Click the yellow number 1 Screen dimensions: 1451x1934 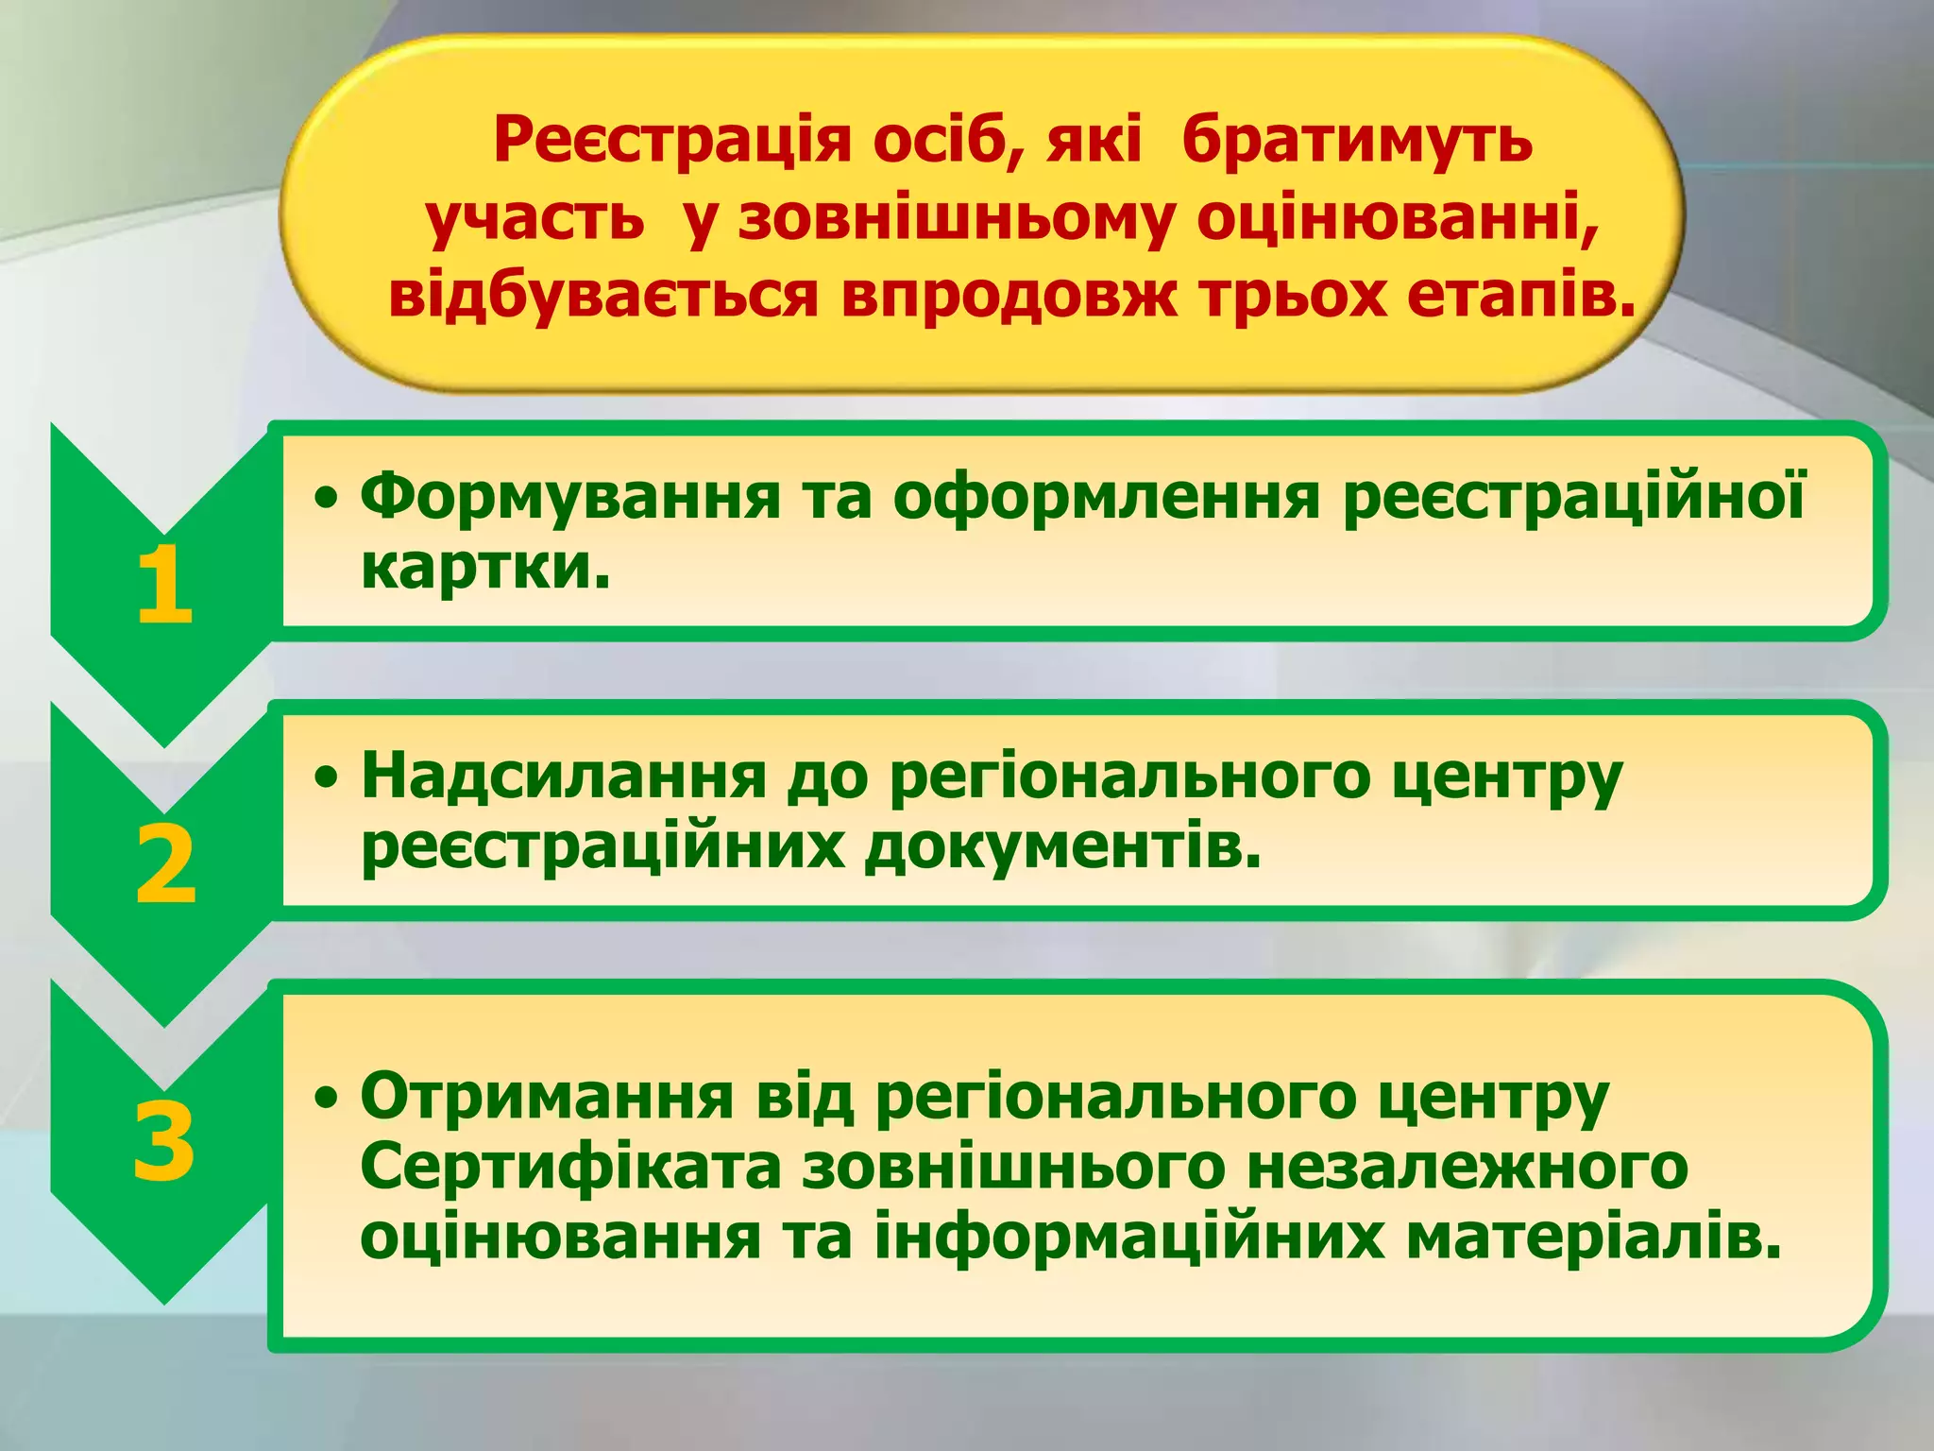click(x=165, y=586)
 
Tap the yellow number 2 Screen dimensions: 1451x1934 click(x=165, y=864)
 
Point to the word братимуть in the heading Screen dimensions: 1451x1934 click(x=1356, y=142)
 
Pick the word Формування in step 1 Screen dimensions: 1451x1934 click(x=571, y=497)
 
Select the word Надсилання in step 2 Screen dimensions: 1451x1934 click(x=564, y=777)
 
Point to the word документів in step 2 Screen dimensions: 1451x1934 click(x=1062, y=846)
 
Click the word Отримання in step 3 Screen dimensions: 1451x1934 click(x=547, y=1096)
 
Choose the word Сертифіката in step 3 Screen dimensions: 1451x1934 click(x=570, y=1167)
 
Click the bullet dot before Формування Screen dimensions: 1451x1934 click(x=327, y=499)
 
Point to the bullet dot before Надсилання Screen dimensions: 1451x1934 click(x=327, y=778)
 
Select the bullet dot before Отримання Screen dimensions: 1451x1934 click(x=327, y=1098)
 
